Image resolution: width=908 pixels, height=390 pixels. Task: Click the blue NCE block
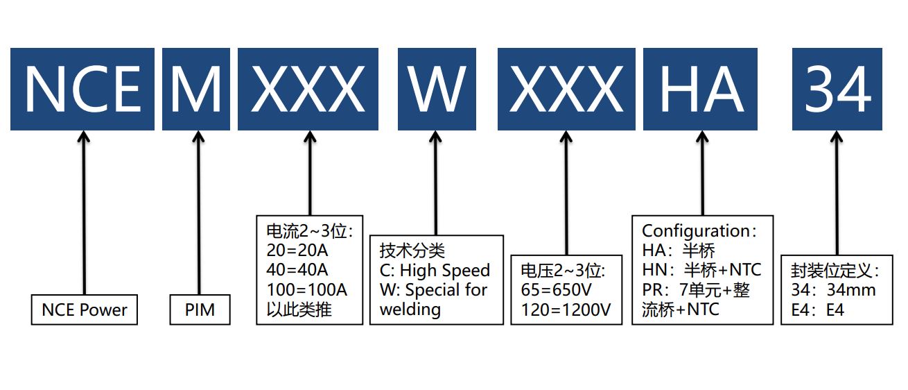[x=82, y=89]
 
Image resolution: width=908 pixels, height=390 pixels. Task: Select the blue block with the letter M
[x=195, y=89]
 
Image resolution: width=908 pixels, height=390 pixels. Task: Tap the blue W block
[x=436, y=89]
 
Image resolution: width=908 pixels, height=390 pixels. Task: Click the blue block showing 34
[x=837, y=89]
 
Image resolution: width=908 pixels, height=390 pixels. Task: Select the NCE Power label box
[x=85, y=310]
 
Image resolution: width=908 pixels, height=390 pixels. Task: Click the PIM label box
[x=200, y=310]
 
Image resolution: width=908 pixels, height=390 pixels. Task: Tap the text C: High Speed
[x=435, y=270]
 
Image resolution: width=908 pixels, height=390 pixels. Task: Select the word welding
[x=410, y=309]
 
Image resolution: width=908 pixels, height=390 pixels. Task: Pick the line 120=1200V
[x=565, y=310]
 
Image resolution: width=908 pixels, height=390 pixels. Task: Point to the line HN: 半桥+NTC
[x=701, y=270]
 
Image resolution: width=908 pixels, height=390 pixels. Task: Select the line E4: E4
[x=818, y=310]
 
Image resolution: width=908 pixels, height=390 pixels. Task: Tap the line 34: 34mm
[x=833, y=290]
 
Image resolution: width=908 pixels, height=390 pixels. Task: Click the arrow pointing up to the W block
[x=436, y=184]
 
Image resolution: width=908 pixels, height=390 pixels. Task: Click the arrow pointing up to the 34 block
[x=837, y=194]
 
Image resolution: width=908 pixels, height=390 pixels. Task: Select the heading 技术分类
[x=412, y=250]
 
